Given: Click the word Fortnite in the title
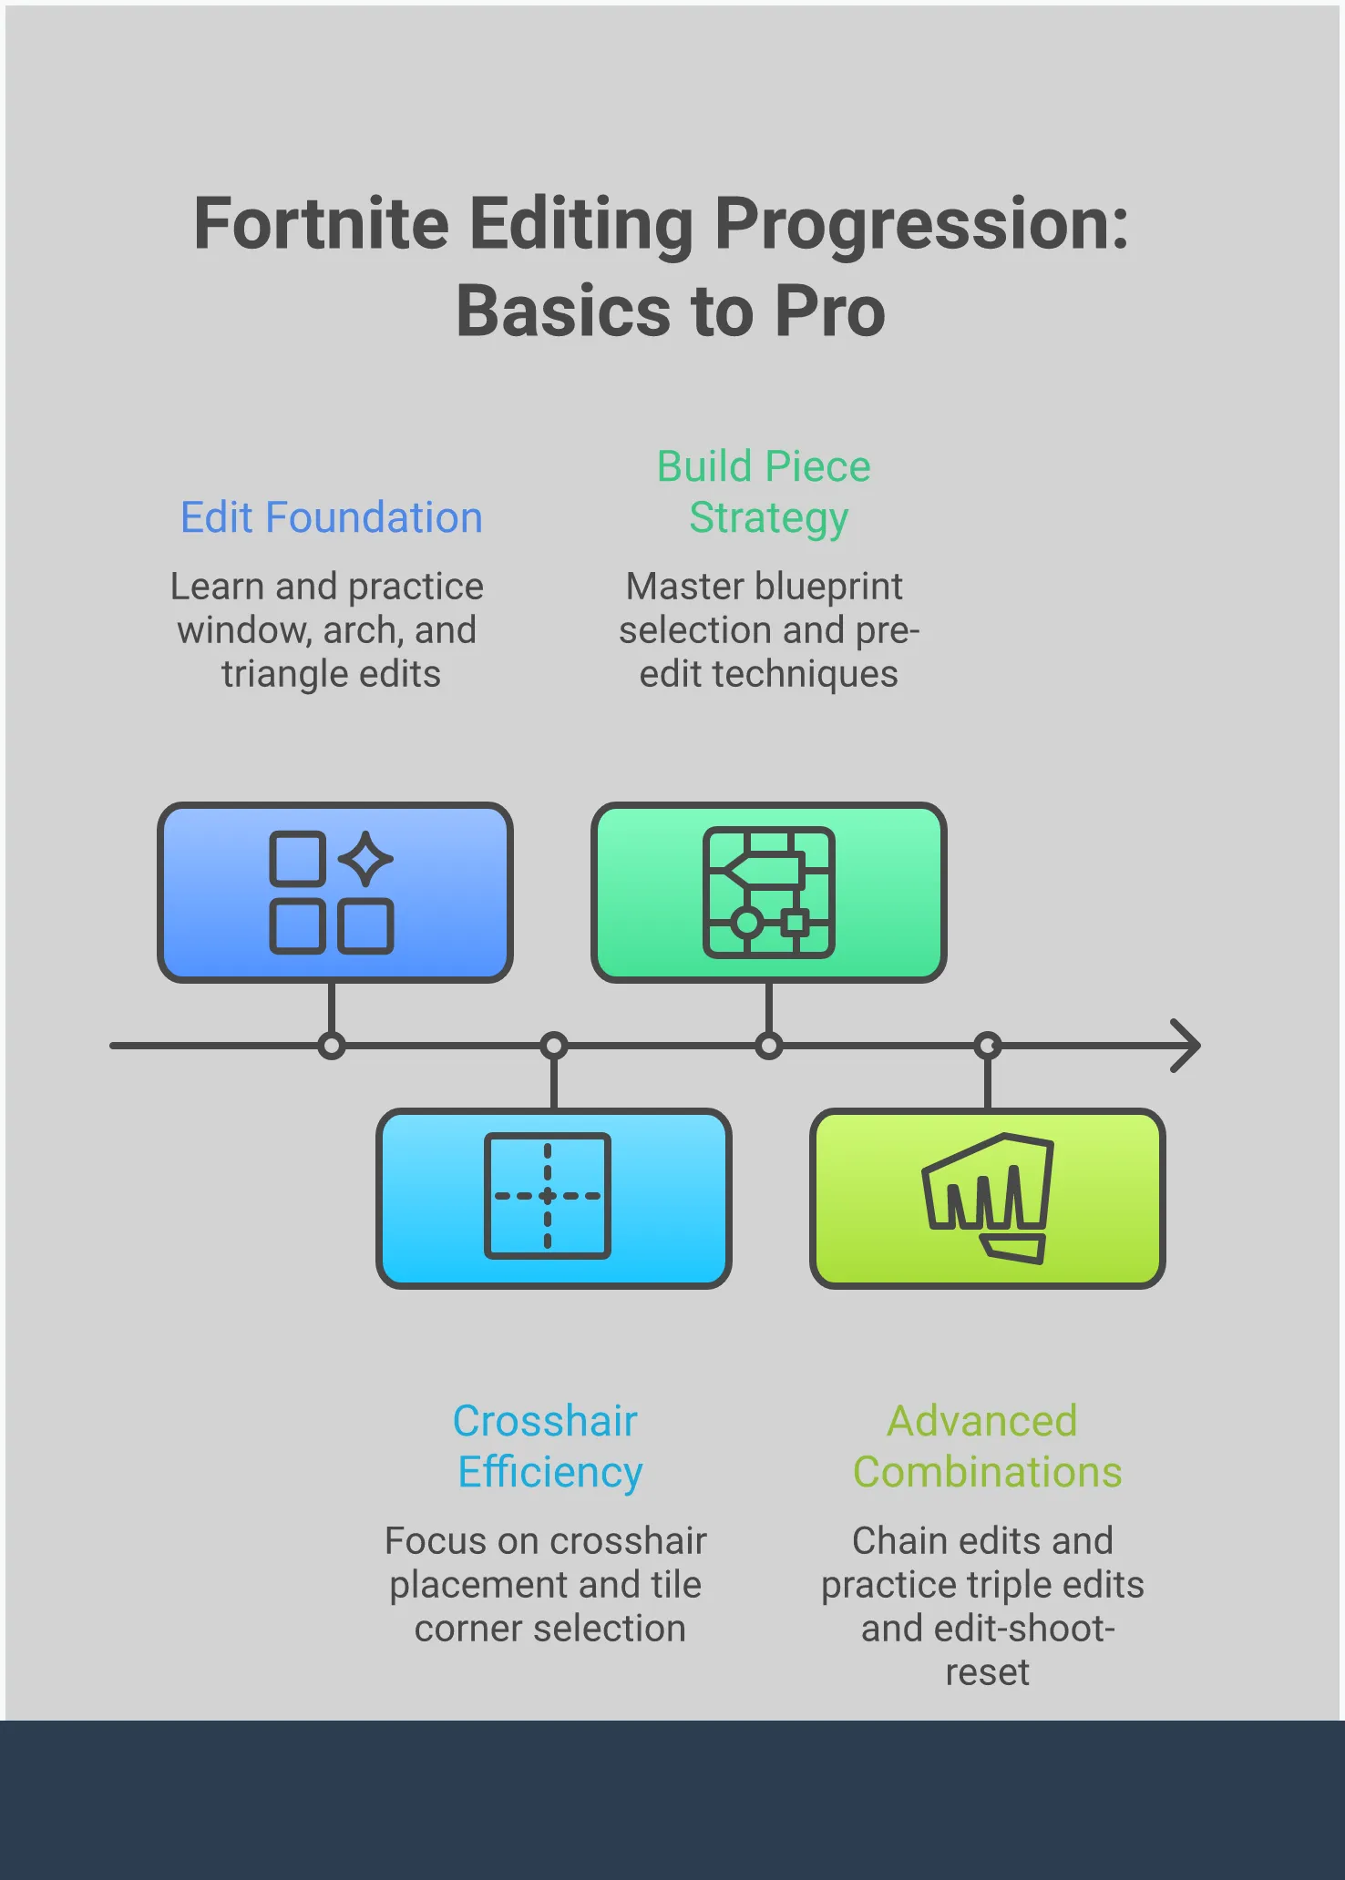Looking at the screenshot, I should point(321,224).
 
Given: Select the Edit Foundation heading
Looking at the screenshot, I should point(331,517).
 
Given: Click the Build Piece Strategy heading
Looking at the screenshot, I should point(765,492).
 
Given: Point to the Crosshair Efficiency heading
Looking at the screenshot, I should point(548,1446).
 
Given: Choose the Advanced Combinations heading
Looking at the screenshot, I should point(986,1446).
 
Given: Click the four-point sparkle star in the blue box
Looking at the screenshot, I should point(365,858).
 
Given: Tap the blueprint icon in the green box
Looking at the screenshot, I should point(768,893).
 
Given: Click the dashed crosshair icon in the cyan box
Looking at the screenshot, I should point(548,1196).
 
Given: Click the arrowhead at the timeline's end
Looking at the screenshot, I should point(1186,1046).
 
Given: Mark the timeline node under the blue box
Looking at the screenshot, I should point(332,1046).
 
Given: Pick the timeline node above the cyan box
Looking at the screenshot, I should point(554,1046).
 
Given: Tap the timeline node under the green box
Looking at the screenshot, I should point(769,1046).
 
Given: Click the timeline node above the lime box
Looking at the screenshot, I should point(988,1046).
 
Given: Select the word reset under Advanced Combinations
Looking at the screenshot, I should point(987,1672).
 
